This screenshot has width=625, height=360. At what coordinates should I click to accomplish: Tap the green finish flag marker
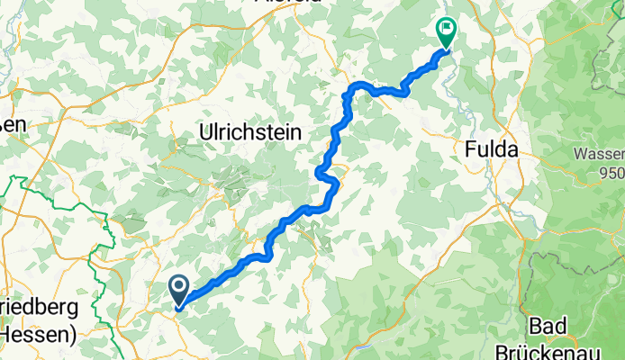[446, 31]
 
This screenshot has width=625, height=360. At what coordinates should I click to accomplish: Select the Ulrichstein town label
[249, 133]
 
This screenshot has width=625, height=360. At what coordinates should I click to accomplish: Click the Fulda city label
[492, 151]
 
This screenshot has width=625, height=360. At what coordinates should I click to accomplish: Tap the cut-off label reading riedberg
[41, 305]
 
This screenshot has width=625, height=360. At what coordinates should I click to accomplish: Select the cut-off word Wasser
[602, 154]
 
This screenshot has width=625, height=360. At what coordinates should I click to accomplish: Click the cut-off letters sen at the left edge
[13, 125]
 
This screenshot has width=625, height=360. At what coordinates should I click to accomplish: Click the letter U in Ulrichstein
[204, 133]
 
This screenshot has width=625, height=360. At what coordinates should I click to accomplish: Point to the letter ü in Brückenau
[555, 346]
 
